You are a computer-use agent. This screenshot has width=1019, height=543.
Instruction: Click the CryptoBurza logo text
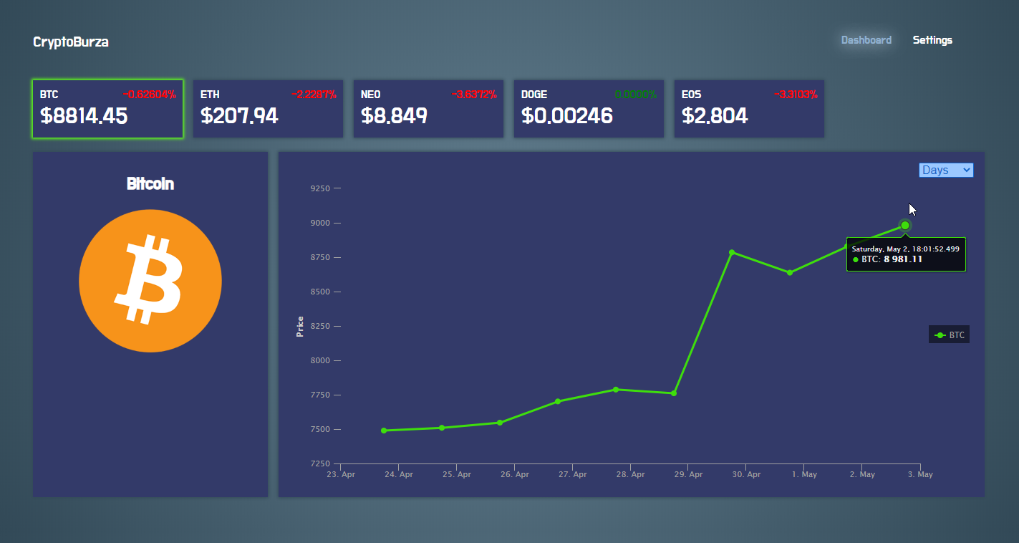coord(71,42)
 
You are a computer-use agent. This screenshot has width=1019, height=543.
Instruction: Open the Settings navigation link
coord(932,40)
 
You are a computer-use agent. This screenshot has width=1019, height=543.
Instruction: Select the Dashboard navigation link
coord(866,40)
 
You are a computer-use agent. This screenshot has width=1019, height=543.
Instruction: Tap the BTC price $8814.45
coord(84,116)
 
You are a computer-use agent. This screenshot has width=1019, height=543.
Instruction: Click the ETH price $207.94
coord(239,116)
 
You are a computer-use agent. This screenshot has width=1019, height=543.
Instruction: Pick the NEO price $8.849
coord(394,116)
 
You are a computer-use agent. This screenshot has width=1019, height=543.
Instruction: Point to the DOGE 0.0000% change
coord(635,95)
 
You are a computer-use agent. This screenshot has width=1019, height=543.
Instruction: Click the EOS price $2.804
coord(714,116)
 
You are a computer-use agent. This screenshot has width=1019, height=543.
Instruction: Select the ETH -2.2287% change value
coord(314,95)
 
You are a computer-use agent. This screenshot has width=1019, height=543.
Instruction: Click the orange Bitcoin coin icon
coord(150,281)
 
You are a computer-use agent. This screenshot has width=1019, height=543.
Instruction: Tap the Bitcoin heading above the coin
coord(150,184)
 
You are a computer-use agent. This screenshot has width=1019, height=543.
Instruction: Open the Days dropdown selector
coord(946,170)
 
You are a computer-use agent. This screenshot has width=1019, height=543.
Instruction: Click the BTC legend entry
coord(950,335)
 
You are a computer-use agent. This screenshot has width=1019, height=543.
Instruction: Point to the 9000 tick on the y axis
coord(320,223)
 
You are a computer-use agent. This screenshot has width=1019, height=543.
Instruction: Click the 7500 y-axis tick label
coord(320,429)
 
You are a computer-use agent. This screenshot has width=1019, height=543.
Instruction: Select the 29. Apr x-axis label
coord(688,474)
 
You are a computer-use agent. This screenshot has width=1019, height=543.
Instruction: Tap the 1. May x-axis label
coord(804,474)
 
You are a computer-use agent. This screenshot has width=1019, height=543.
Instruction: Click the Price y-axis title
coord(300,326)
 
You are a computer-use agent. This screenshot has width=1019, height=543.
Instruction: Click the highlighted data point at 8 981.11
coord(905,226)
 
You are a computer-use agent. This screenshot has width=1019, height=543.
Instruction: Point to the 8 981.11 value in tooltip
coord(903,259)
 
